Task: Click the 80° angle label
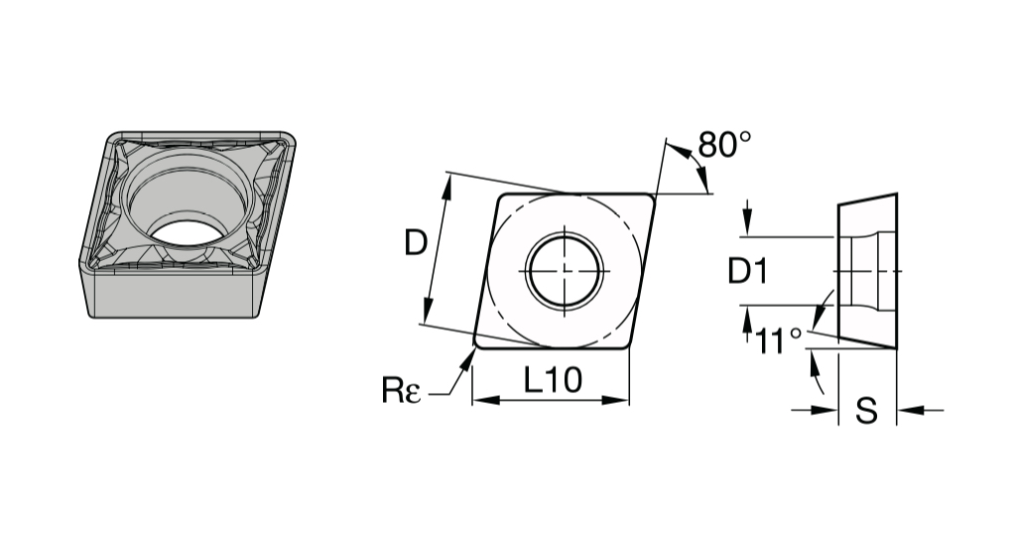(x=725, y=145)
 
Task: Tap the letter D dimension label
(x=416, y=243)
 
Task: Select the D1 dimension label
(x=748, y=271)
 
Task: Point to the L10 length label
(x=553, y=380)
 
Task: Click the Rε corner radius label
(x=402, y=390)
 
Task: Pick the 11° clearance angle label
(x=779, y=340)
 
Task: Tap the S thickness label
(x=867, y=410)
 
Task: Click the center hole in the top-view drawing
(x=565, y=270)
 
